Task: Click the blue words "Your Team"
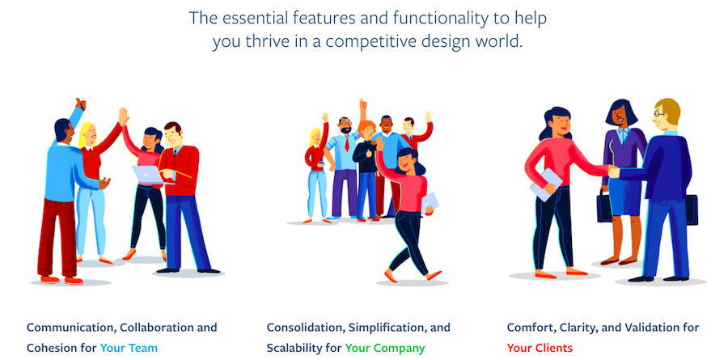tap(129, 348)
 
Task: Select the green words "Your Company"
tap(385, 348)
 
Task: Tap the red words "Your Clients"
tap(540, 348)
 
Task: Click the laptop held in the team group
tap(148, 175)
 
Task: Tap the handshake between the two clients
tap(613, 172)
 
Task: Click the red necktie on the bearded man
tap(346, 143)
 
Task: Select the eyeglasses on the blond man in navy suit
tap(658, 114)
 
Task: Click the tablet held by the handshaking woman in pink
tap(546, 184)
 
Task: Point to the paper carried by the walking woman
tap(430, 201)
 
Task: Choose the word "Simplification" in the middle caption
tap(382, 328)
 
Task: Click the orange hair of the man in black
tap(366, 127)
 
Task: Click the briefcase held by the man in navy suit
tap(692, 209)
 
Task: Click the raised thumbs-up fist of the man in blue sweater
tap(80, 104)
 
